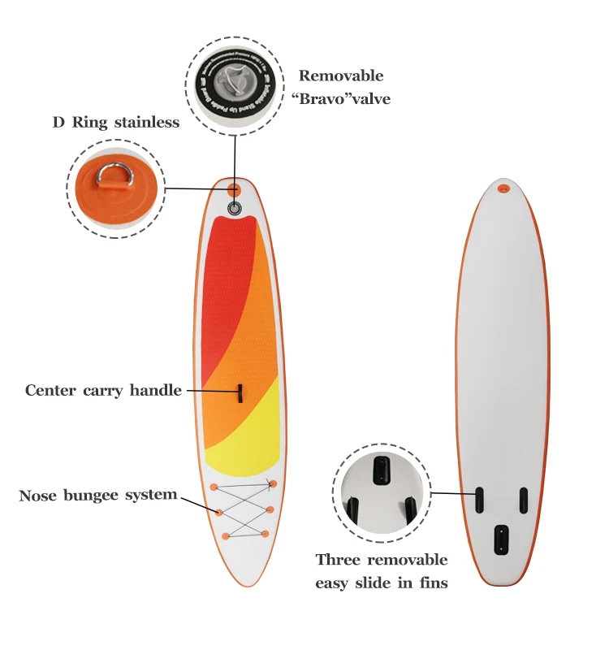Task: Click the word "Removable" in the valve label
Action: tap(340, 76)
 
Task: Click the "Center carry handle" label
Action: tap(103, 391)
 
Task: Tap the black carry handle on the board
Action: tap(240, 393)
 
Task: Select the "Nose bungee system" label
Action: tap(98, 495)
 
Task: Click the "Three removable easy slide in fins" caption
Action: tap(381, 571)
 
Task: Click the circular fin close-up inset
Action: tap(381, 492)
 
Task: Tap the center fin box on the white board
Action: tap(502, 539)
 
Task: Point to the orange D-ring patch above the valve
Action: tap(234, 190)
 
